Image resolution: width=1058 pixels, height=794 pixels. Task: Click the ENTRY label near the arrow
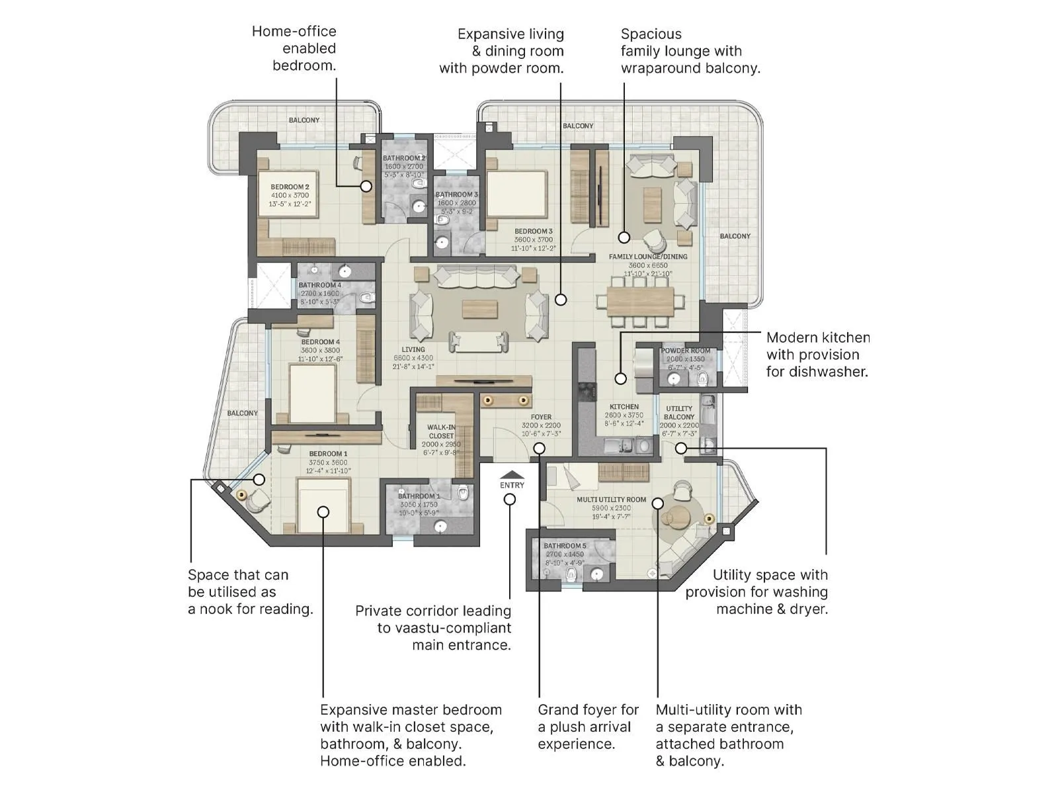[x=512, y=485]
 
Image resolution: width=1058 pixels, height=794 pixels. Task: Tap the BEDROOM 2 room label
[x=290, y=187]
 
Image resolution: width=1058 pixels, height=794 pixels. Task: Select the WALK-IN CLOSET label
[x=441, y=431]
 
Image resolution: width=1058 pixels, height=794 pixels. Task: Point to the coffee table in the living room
[x=479, y=310]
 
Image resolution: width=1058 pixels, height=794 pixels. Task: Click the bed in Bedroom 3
[x=517, y=194]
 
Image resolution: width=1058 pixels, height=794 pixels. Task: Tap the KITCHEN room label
[x=624, y=407]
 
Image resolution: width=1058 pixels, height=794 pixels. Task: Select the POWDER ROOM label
[x=686, y=351]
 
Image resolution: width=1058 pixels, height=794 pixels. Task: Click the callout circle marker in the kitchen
[x=620, y=379]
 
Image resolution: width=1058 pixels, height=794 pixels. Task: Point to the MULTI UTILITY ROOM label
[x=611, y=500]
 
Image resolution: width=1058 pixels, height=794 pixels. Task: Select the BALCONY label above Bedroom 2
[x=304, y=120]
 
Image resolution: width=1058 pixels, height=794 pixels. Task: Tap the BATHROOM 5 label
[x=565, y=546]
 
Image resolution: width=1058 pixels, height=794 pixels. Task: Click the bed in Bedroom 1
[x=323, y=506]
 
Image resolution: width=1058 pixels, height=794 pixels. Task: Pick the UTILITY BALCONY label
[x=679, y=413]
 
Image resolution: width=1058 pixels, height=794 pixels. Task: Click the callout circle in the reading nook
[x=259, y=480]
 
